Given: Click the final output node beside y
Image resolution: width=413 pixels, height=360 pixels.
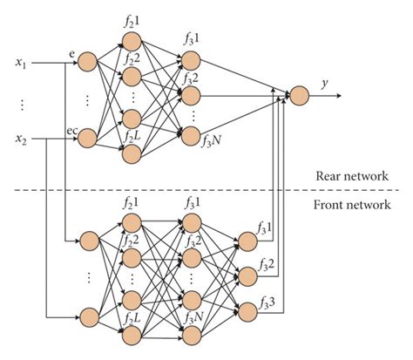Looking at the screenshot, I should click(x=299, y=94).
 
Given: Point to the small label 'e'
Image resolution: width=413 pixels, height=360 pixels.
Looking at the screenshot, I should click(x=71, y=53).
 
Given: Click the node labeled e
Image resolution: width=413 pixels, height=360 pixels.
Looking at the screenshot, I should click(x=87, y=62).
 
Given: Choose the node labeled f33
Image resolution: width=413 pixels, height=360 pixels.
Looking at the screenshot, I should click(x=247, y=308).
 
